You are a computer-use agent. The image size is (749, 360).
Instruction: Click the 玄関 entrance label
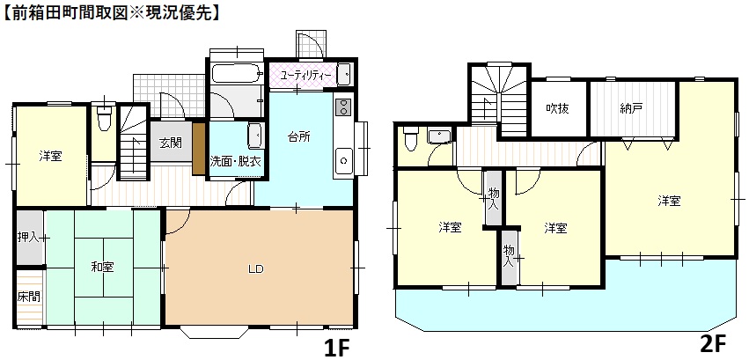[171, 143]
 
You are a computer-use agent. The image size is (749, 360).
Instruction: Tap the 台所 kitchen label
[298, 137]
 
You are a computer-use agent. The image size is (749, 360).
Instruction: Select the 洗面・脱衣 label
[235, 162]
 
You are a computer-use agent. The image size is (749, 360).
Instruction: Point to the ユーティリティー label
[305, 76]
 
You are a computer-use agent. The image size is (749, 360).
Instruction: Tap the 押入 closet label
[28, 237]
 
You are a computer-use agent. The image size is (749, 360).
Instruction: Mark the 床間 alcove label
[28, 298]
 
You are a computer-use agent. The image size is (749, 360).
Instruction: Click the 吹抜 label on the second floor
[557, 109]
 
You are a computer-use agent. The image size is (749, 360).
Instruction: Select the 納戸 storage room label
[631, 109]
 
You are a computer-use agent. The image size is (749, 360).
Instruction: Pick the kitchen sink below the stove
[341, 160]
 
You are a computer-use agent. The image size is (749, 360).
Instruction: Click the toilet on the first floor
[104, 116]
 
